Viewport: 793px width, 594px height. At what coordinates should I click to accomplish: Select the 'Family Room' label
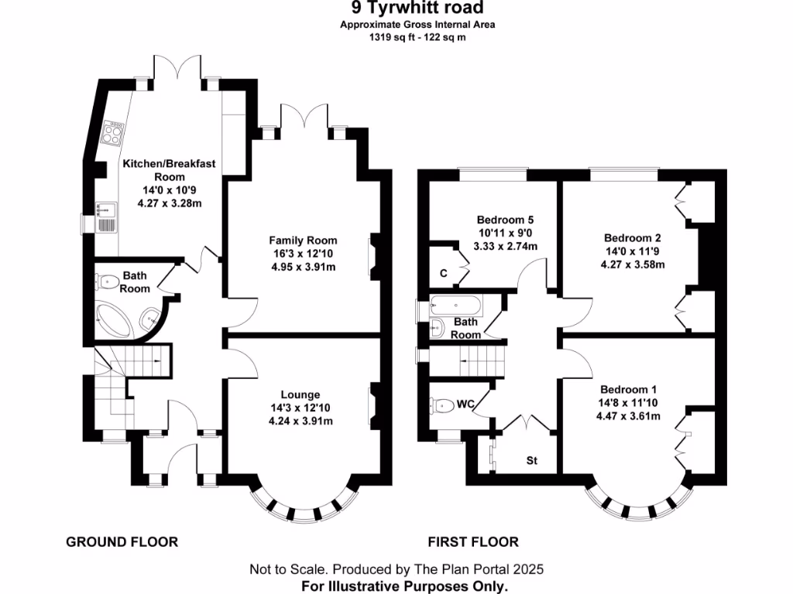pyautogui.click(x=303, y=240)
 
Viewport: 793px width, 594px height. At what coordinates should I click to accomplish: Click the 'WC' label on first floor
pyautogui.click(x=466, y=404)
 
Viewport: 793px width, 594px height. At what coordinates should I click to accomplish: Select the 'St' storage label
pyautogui.click(x=532, y=461)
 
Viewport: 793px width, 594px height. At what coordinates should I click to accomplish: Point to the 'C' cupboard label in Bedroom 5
pyautogui.click(x=443, y=272)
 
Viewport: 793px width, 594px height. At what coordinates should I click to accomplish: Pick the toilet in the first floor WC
pyautogui.click(x=442, y=405)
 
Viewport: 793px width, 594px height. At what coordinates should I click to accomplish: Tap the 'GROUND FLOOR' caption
pyautogui.click(x=122, y=542)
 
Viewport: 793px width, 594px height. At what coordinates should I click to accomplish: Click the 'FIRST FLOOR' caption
pyautogui.click(x=473, y=542)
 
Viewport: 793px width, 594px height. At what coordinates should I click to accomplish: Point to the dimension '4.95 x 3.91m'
pyautogui.click(x=303, y=268)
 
